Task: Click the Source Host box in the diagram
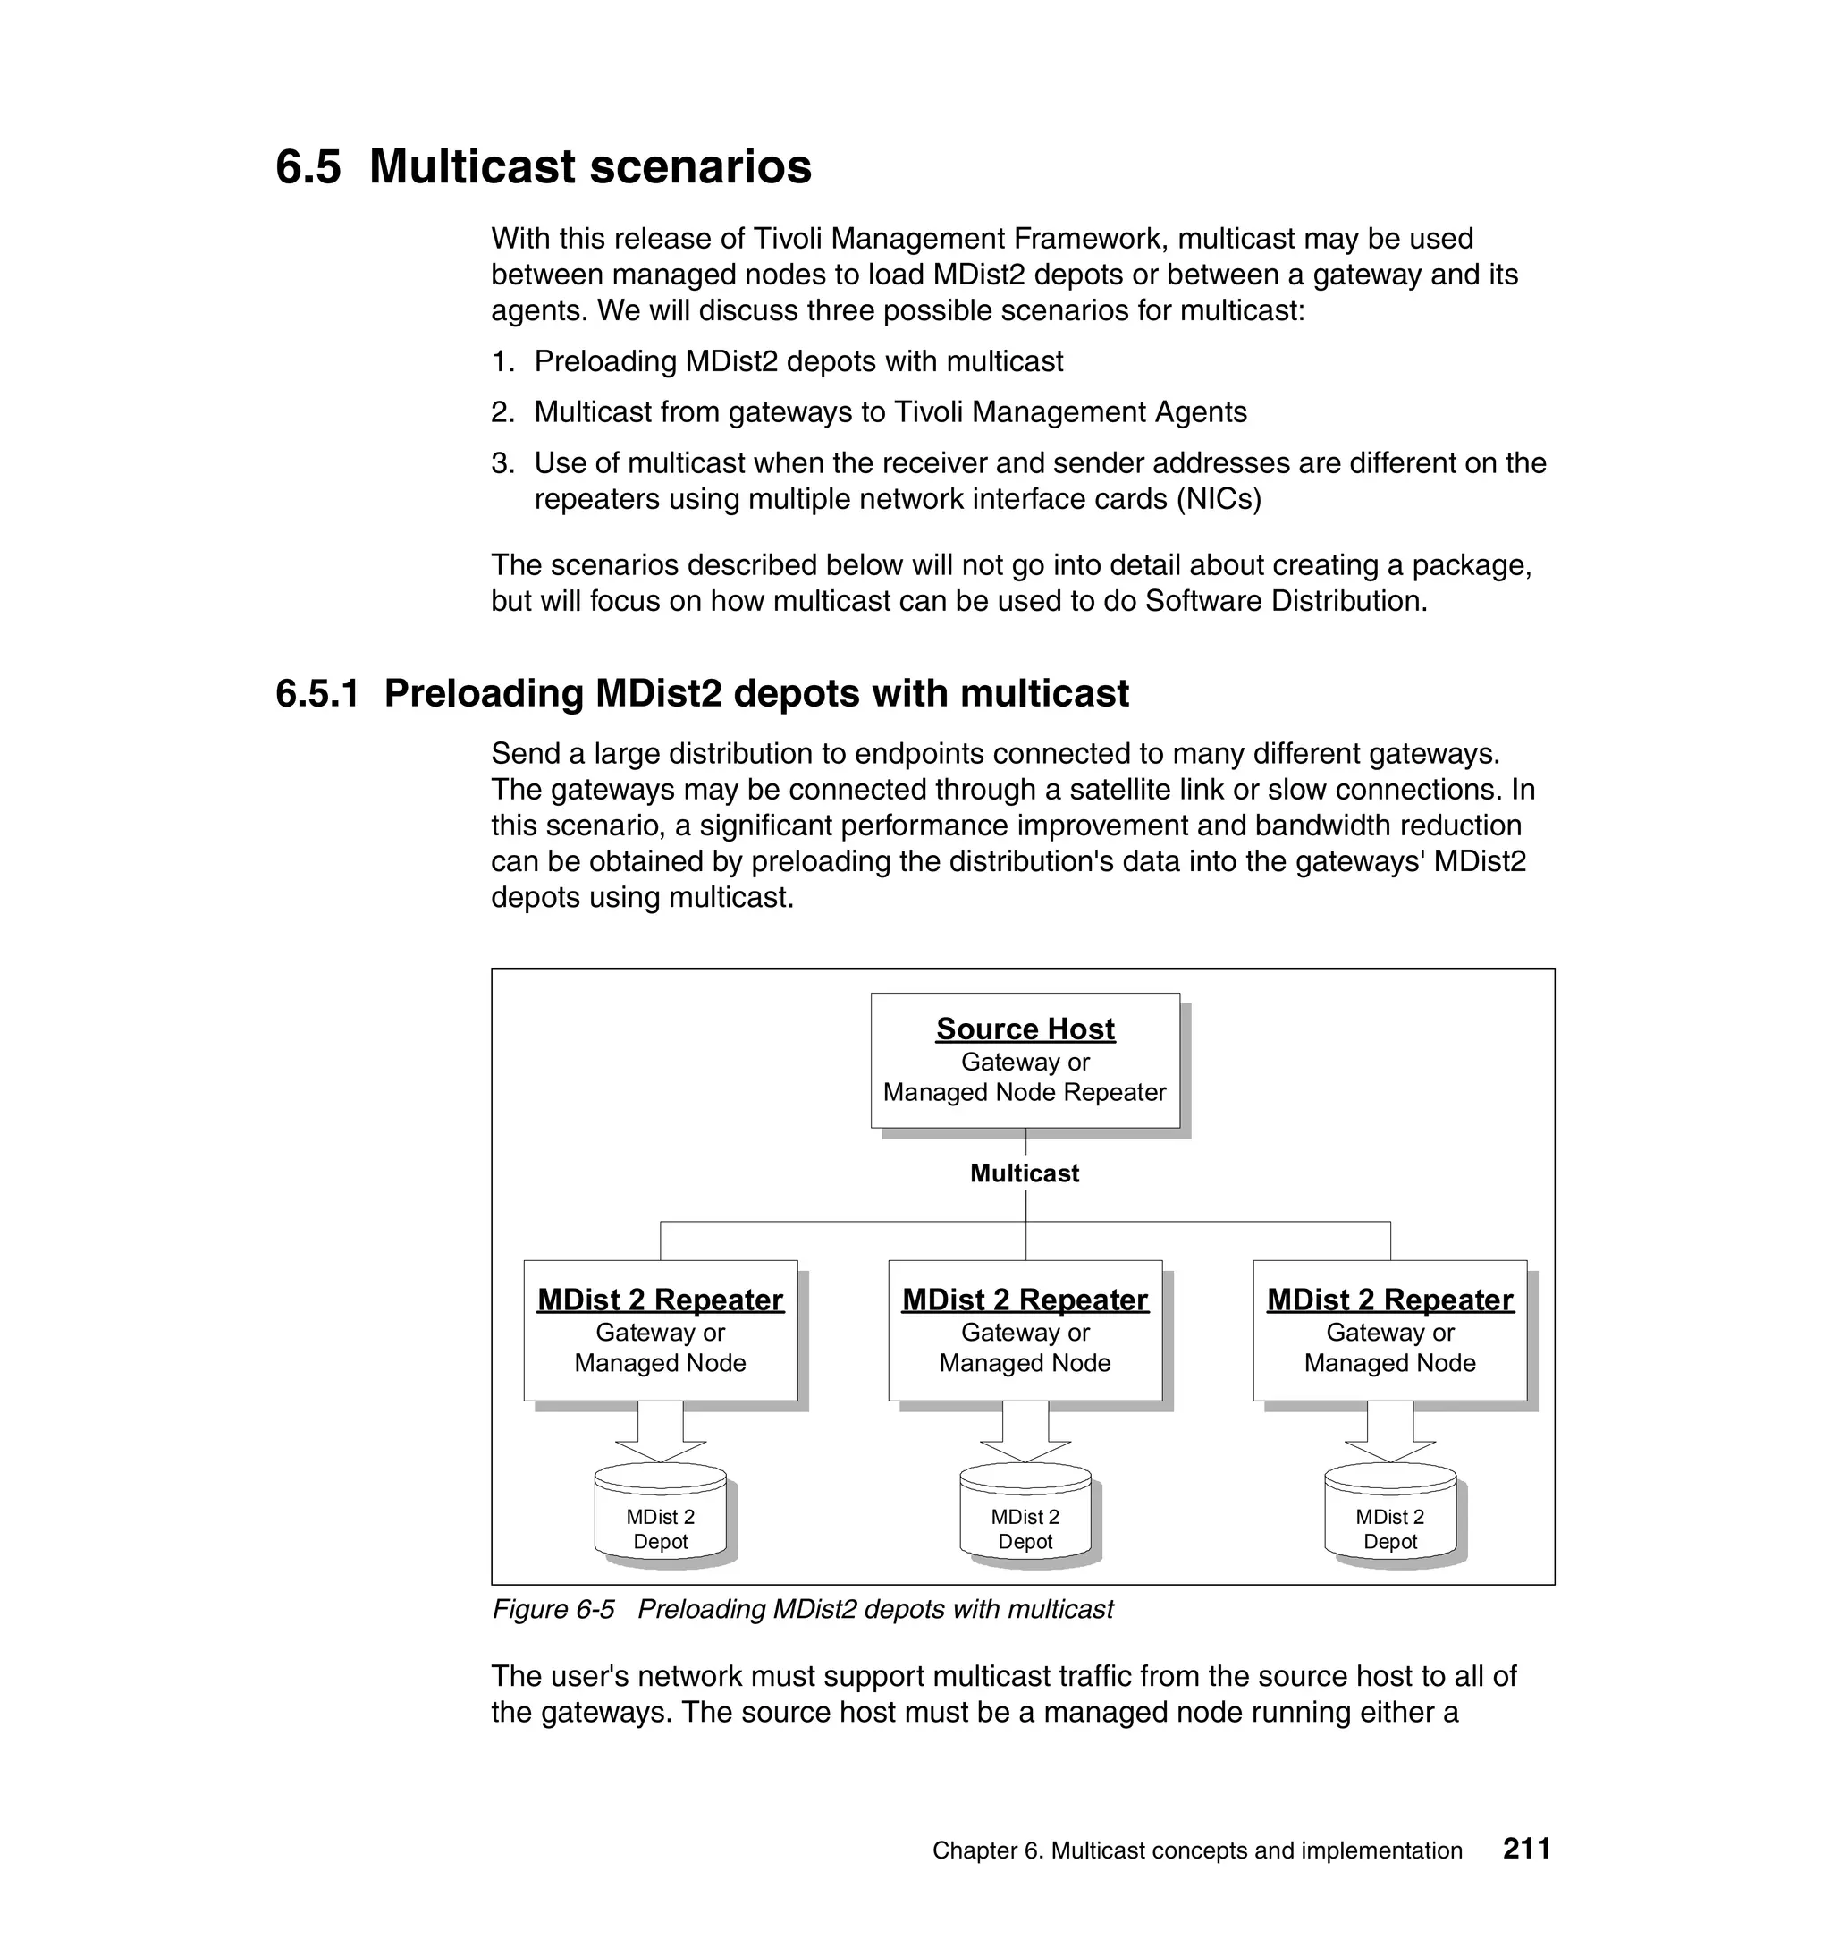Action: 1025,1061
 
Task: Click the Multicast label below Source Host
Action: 1024,1173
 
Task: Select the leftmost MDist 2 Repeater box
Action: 660,1330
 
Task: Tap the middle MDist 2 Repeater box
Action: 1025,1330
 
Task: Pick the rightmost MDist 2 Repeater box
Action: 1390,1330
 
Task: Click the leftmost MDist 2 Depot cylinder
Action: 660,1520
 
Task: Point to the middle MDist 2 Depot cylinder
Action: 1025,1520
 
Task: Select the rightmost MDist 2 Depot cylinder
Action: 1390,1520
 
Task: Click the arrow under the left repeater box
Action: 660,1431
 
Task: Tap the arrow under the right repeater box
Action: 1390,1431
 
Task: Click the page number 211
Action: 1526,1848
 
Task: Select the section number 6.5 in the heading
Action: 308,166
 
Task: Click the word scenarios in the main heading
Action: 701,166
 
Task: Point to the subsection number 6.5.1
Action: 317,693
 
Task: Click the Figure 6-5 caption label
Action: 553,1609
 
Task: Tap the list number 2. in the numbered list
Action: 502,412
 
